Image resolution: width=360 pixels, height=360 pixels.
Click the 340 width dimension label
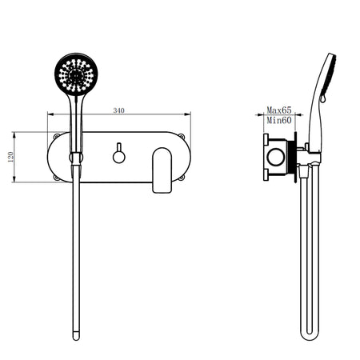pos(120,110)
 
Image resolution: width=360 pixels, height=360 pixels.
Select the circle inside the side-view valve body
pos(277,158)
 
